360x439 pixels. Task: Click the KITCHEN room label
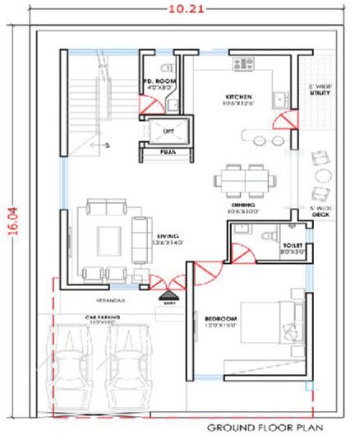[238, 97]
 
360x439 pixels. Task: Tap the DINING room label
[242, 204]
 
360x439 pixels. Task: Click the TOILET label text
[293, 246]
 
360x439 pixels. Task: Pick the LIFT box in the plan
[168, 130]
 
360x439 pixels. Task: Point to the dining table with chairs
[243, 178]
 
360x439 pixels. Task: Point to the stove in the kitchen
[245, 63]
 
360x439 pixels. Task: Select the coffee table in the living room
[107, 241]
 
